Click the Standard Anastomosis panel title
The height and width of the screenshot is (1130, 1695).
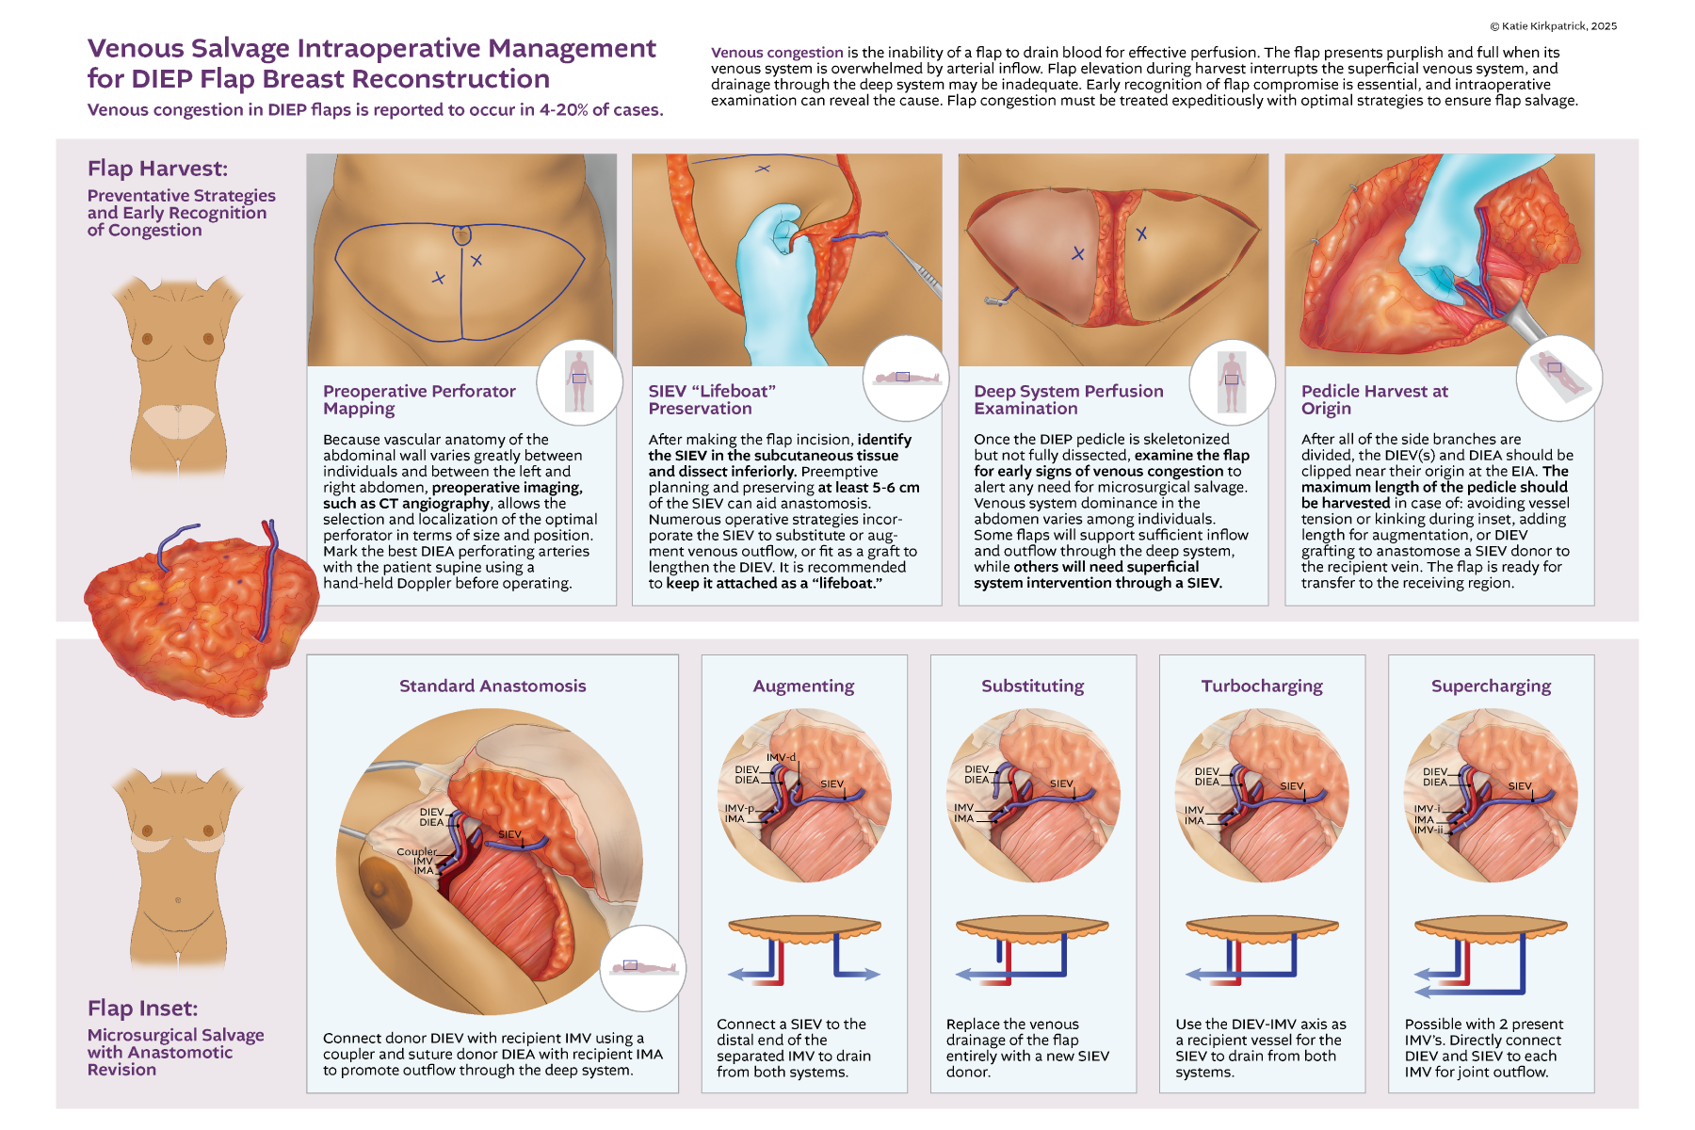pyautogui.click(x=492, y=686)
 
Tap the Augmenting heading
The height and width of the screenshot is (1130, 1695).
pyautogui.click(x=803, y=686)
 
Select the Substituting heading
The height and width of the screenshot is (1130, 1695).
pyautogui.click(x=1032, y=686)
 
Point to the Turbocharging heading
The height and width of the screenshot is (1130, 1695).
pyautogui.click(x=1262, y=686)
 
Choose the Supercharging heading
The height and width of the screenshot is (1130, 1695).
pyautogui.click(x=1491, y=686)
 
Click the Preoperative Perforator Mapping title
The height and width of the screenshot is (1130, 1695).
pyautogui.click(x=419, y=399)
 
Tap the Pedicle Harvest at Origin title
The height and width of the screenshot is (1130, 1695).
pyautogui.click(x=1374, y=399)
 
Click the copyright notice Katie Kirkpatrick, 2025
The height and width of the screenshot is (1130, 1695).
pyautogui.click(x=1553, y=26)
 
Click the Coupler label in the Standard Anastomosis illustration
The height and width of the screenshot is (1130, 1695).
pyautogui.click(x=416, y=852)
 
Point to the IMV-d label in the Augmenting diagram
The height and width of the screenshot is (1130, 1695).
pyautogui.click(x=781, y=757)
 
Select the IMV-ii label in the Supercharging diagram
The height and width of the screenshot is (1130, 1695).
pyautogui.click(x=1428, y=830)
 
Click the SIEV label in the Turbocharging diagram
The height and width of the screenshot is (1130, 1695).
pyautogui.click(x=1291, y=786)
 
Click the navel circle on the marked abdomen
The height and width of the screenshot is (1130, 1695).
pyautogui.click(x=461, y=234)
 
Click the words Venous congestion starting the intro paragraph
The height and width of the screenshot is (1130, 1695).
pyautogui.click(x=777, y=53)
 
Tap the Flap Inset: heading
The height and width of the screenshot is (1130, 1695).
pyautogui.click(x=142, y=1009)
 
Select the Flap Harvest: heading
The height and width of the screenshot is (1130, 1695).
pyautogui.click(x=157, y=169)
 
